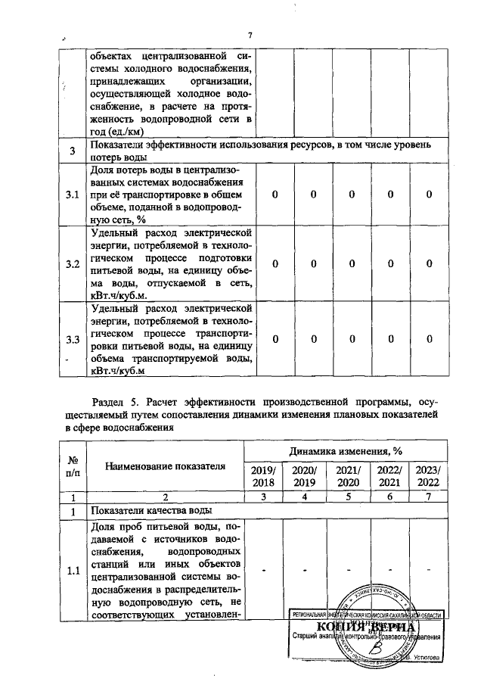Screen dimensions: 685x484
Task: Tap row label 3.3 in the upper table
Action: click(73, 338)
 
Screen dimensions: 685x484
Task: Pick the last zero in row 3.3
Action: click(429, 338)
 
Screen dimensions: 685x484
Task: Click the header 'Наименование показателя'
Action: click(165, 466)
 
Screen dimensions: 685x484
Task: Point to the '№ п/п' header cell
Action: click(73, 466)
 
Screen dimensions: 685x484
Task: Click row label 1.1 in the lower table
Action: click(73, 571)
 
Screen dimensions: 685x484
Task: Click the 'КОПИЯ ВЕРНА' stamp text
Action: click(363, 629)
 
